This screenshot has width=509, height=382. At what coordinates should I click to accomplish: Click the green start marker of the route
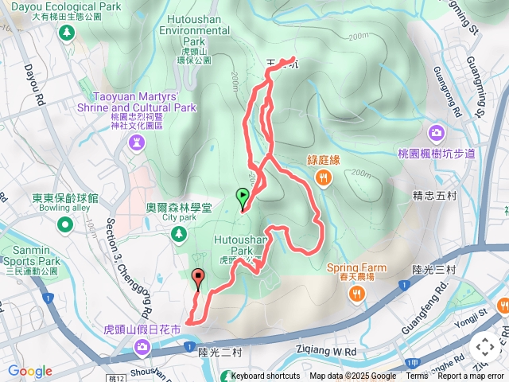point(242,195)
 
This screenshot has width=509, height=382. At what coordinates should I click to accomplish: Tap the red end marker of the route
point(198,278)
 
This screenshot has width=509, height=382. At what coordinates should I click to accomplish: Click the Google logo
point(30,371)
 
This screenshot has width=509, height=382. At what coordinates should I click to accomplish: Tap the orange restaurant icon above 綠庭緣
point(323,178)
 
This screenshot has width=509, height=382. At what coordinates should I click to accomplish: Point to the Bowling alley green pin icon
point(65,225)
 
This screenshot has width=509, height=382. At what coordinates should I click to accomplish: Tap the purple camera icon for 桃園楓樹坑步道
point(437,132)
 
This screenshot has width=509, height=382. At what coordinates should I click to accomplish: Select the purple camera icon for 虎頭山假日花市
point(142,345)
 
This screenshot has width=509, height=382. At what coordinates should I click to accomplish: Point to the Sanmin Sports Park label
point(30,255)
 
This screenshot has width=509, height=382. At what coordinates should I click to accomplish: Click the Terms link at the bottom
point(417,376)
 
